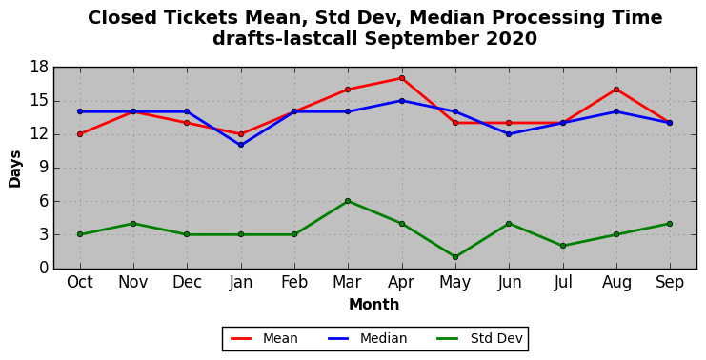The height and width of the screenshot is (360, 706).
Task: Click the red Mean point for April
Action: click(402, 78)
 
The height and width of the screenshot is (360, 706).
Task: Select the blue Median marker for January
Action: click(241, 145)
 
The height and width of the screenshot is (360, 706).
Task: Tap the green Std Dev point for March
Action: click(348, 201)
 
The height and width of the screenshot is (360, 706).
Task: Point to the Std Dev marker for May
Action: click(455, 257)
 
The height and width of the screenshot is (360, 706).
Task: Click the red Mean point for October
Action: click(80, 134)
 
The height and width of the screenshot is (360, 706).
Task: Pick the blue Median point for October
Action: click(80, 111)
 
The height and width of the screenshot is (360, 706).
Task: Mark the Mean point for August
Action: click(615, 90)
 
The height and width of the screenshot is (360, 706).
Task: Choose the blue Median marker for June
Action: click(509, 134)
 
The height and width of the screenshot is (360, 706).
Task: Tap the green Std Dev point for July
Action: click(563, 246)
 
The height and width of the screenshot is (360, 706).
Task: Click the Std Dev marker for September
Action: click(670, 224)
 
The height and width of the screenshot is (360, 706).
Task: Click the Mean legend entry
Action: click(264, 338)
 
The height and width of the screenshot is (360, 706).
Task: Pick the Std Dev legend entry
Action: click(479, 338)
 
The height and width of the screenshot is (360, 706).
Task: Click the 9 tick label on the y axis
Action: click(44, 168)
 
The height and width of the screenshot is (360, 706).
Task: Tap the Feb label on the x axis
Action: click(294, 282)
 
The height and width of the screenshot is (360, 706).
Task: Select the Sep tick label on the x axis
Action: click(670, 282)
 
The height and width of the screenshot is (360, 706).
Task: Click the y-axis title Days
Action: click(15, 169)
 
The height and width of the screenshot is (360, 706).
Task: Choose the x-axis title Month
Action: click(374, 304)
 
